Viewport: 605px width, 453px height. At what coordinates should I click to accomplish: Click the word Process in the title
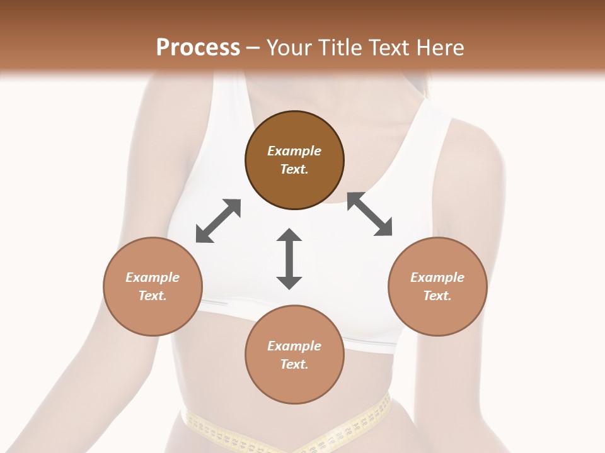click(x=198, y=48)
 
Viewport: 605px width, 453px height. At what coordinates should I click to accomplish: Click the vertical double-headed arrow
click(x=289, y=259)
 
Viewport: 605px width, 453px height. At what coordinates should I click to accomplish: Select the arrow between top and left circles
click(x=218, y=221)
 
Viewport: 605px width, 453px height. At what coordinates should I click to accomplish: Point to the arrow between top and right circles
click(x=369, y=214)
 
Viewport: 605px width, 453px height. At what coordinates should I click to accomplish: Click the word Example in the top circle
click(x=294, y=151)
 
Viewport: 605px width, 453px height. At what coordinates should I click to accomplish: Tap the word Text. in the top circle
click(x=294, y=169)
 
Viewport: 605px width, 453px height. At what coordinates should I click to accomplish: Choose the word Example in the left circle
click(x=153, y=277)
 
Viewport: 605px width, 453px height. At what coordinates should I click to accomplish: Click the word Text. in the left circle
click(x=153, y=296)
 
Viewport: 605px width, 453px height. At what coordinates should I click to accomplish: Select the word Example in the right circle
click(x=437, y=277)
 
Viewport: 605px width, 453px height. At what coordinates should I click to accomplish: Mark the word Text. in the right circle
click(x=437, y=296)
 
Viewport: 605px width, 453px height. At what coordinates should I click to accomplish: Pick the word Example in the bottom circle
click(x=294, y=346)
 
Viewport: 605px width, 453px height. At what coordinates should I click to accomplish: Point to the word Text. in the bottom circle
click(x=294, y=364)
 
